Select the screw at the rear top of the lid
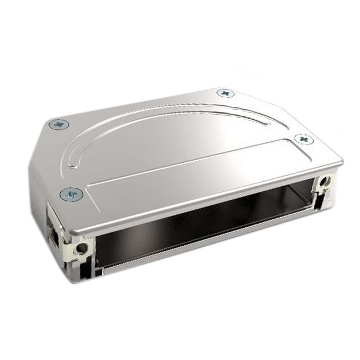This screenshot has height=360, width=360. pos(224,92)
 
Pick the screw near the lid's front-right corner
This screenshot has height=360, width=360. pos(304,138)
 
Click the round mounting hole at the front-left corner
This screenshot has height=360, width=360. pos(83,247)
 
